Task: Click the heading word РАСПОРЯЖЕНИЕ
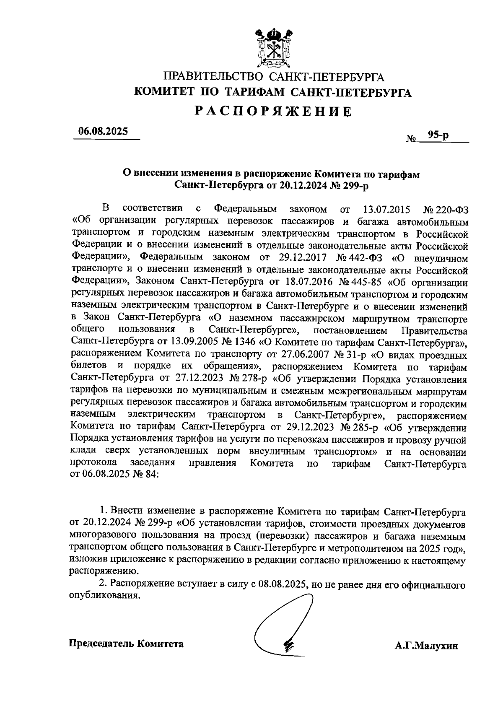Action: [274, 112]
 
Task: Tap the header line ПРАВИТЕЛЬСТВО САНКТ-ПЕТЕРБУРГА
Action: [274, 77]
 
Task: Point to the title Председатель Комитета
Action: [126, 644]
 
